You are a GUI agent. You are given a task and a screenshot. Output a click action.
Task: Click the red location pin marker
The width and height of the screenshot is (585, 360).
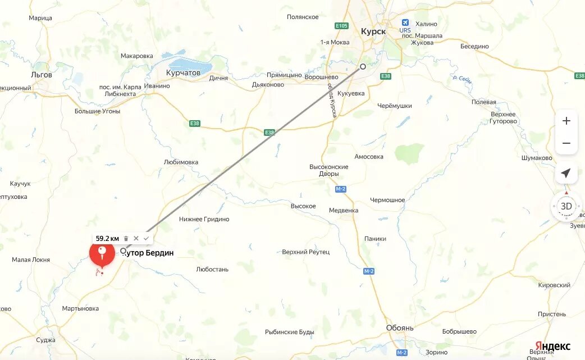tap(102, 253)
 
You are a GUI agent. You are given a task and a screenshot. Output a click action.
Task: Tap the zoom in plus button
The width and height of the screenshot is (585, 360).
tap(566, 121)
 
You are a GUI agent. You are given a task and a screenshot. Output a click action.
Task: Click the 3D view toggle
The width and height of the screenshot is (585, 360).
tap(566, 206)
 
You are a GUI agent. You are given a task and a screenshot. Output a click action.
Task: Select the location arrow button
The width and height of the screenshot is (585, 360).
tap(566, 173)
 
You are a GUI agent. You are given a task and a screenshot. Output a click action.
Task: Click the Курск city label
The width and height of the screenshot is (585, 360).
tap(373, 31)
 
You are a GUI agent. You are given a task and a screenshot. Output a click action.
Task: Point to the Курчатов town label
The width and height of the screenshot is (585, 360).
tap(184, 73)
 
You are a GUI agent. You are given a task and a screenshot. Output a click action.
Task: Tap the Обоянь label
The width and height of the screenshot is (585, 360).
tap(400, 328)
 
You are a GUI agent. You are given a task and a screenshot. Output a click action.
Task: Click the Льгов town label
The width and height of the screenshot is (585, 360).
tap(42, 75)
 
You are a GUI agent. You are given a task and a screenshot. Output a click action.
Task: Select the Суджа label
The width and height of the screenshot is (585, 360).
tap(45, 340)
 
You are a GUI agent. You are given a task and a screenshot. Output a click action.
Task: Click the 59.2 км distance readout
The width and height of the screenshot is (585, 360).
tap(107, 238)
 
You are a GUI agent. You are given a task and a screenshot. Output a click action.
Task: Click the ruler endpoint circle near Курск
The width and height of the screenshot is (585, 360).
tap(363, 66)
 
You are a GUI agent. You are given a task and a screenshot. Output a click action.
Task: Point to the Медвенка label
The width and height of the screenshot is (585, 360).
tap(344, 211)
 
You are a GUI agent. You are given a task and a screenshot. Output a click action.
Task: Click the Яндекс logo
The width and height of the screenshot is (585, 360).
tap(552, 346)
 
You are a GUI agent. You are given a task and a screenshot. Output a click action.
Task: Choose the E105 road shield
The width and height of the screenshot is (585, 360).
tap(341, 26)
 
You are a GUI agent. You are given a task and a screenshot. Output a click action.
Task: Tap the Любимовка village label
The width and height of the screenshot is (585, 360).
tap(181, 162)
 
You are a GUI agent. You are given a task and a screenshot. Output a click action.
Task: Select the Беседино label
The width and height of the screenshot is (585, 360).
tap(474, 47)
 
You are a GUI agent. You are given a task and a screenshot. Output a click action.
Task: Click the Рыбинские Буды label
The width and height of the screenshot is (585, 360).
tap(290, 332)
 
